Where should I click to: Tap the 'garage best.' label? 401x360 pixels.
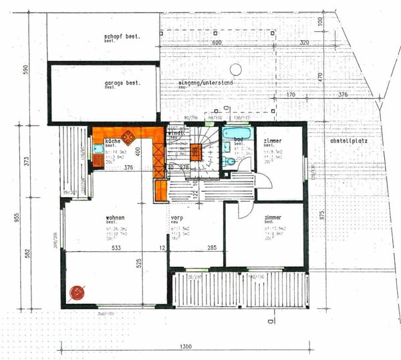click(x=121, y=83)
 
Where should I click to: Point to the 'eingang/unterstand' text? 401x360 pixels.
click(x=206, y=83)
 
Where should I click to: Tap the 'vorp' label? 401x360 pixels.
click(x=177, y=218)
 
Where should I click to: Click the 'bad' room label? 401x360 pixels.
click(x=239, y=140)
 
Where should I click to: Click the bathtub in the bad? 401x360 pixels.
click(x=236, y=132)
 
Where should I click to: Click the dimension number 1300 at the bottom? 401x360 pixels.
click(x=186, y=346)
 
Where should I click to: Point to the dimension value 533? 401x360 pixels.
click(x=116, y=248)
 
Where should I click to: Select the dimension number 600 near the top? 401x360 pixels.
click(x=216, y=42)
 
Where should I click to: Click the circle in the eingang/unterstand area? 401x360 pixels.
click(x=235, y=69)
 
